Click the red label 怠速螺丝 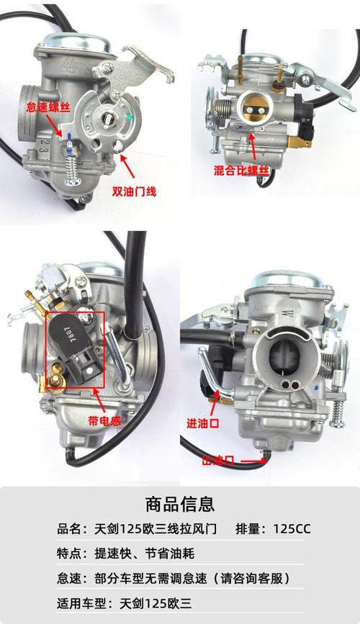(x=48, y=107)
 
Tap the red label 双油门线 (x=134, y=192)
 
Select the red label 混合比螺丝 (x=242, y=171)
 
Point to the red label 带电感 (x=104, y=420)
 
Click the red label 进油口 (x=203, y=422)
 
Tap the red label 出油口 (x=218, y=461)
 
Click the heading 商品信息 (x=180, y=505)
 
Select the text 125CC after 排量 (x=292, y=529)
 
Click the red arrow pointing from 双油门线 (x=127, y=167)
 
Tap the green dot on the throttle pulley (x=128, y=117)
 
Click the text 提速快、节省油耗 (x=145, y=553)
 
